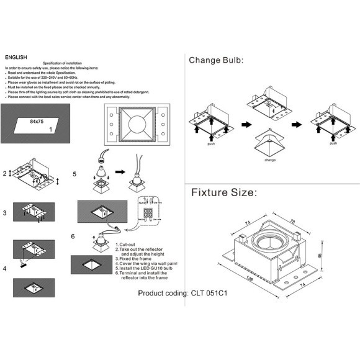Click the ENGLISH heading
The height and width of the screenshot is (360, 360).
coord(16,56)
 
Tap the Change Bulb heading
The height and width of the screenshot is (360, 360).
coord(216,60)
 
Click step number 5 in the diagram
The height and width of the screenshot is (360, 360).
coord(74,174)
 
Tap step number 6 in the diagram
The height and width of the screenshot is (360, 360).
coord(74,236)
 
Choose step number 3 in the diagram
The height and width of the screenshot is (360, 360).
coord(5,213)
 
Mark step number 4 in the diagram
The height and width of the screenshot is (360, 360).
coord(5,269)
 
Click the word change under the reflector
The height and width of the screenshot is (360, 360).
coord(270,160)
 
